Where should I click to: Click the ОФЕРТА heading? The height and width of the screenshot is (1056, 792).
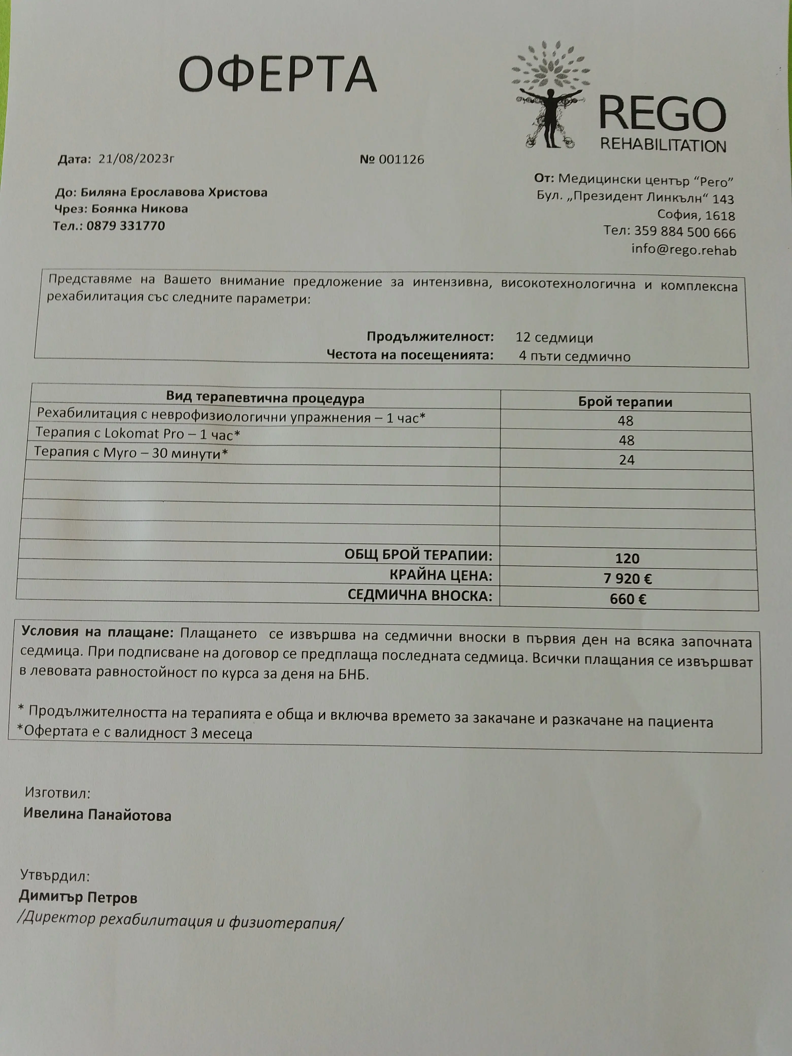click(277, 74)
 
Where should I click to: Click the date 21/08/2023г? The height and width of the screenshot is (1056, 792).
click(136, 159)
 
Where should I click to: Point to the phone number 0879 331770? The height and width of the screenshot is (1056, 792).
click(126, 226)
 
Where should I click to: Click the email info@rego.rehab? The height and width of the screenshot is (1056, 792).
click(684, 250)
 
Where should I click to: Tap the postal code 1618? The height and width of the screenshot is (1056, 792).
click(720, 216)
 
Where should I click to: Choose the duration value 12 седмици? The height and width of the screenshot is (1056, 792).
click(554, 338)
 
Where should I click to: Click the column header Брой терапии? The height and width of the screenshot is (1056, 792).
click(625, 402)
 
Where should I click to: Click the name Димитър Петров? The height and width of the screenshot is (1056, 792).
click(78, 898)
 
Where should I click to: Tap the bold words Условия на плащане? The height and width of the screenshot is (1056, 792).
click(98, 632)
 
